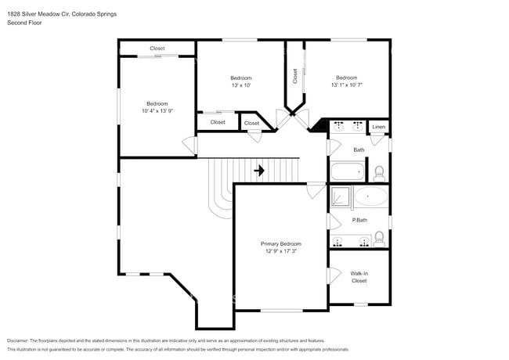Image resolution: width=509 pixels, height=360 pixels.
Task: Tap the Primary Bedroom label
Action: click(280, 244)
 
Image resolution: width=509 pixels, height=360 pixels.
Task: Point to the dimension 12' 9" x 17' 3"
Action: click(280, 252)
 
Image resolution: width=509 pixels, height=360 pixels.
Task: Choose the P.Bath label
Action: click(359, 220)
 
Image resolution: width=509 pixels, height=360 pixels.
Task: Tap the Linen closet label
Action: click(379, 127)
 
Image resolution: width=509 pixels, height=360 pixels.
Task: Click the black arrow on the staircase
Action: click(260, 170)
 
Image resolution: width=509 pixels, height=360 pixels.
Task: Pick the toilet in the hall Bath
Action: click(379, 171)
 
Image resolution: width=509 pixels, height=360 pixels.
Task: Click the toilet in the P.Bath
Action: click(379, 238)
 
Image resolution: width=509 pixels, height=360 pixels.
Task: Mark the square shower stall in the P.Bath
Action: click(341, 197)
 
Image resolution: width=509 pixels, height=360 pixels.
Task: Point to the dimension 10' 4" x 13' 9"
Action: click(157, 111)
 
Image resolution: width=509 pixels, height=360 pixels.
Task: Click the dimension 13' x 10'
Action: click(240, 85)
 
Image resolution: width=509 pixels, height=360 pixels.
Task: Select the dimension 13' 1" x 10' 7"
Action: click(346, 85)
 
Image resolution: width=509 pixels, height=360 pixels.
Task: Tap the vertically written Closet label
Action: click(294, 76)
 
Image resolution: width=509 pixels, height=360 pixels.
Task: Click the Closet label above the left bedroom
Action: click(157, 49)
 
